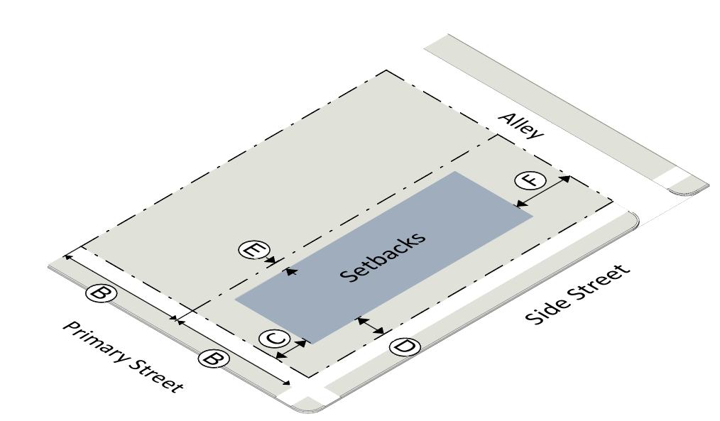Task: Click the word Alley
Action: tap(520, 126)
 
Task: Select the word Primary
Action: tap(93, 340)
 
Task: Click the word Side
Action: tap(544, 310)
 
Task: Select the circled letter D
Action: tap(405, 347)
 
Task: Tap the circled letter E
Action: tap(253, 250)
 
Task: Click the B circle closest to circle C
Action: tap(211, 359)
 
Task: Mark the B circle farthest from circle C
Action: tap(100, 293)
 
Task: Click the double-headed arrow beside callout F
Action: tap(542, 191)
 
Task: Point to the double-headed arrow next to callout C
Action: tap(291, 349)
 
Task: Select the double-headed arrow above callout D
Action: tap(371, 326)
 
